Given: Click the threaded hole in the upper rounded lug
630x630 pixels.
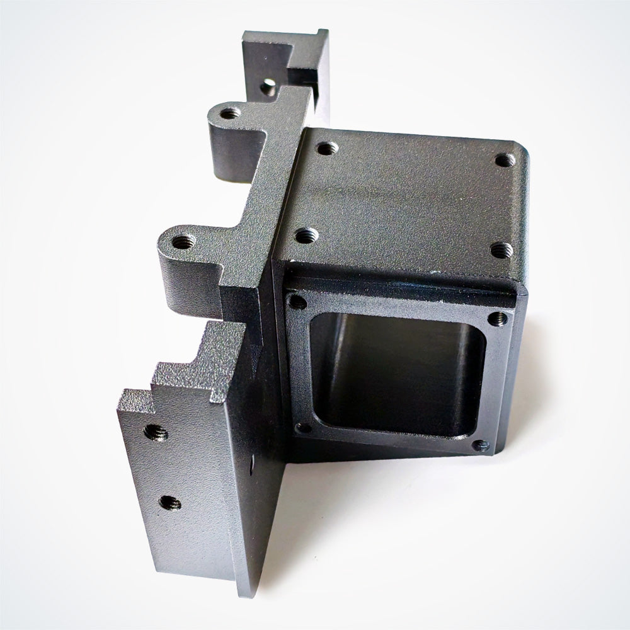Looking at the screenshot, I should click(231, 113).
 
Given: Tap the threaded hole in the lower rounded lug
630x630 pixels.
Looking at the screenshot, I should click(183, 240).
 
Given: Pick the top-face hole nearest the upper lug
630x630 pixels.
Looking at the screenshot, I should click(326, 149).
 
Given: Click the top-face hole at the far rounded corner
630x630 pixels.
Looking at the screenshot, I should click(505, 160).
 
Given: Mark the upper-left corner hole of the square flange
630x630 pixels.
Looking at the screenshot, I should click(296, 302).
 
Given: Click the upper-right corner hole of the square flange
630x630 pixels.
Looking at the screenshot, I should click(500, 317).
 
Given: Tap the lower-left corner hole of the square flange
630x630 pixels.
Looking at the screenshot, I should click(304, 428).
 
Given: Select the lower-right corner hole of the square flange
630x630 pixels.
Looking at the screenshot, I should click(481, 446).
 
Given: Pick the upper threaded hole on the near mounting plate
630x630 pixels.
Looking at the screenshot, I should click(155, 432).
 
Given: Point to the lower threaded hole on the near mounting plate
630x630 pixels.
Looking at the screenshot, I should click(169, 502).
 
